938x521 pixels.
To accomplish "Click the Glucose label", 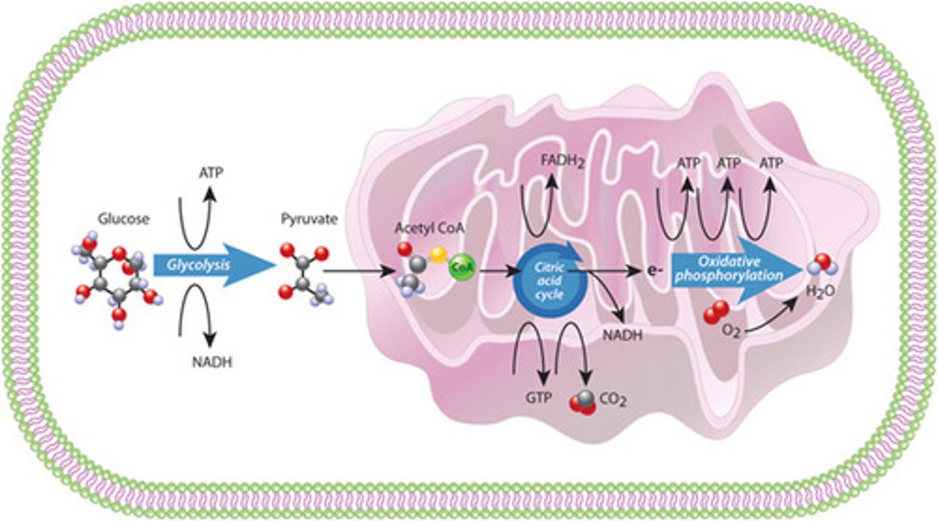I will tap(123, 219).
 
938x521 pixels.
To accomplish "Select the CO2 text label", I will tap(614, 400).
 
